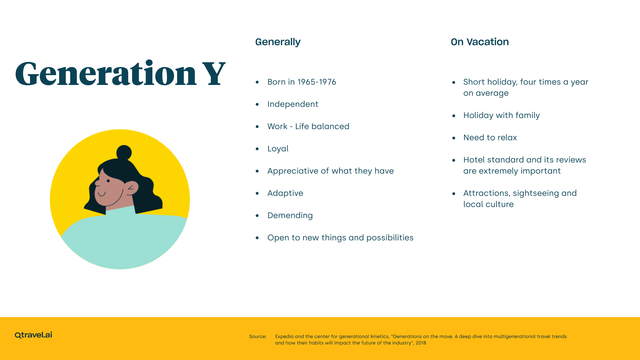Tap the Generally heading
(x=278, y=42)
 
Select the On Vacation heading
(x=479, y=42)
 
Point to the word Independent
(x=293, y=104)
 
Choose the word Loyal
(x=278, y=149)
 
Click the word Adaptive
(x=285, y=193)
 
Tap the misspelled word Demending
(x=290, y=215)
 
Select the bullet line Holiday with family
(x=501, y=115)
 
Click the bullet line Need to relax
(x=490, y=138)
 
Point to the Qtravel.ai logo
(x=33, y=335)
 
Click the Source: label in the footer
(x=258, y=336)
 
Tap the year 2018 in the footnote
(x=421, y=343)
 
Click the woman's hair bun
(x=124, y=152)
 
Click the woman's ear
(x=132, y=188)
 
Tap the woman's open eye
(x=108, y=181)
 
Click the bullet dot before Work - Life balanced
(x=257, y=127)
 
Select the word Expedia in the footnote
(x=284, y=336)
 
